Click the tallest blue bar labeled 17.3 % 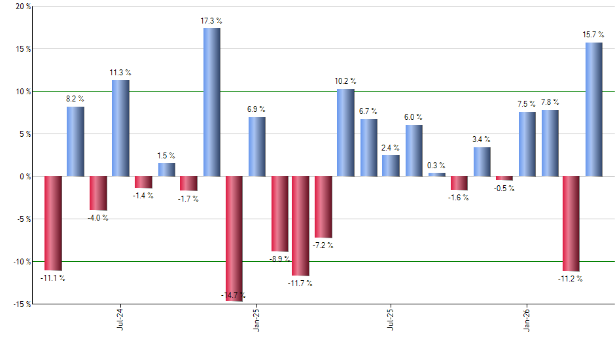click(x=211, y=102)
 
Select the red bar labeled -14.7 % click(x=234, y=238)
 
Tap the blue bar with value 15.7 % click(x=593, y=109)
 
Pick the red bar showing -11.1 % click(x=53, y=223)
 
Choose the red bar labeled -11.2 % click(x=571, y=223)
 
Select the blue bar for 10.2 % click(x=345, y=133)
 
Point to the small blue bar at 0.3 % click(x=436, y=175)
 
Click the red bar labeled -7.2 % click(x=323, y=207)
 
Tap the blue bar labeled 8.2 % click(x=75, y=141)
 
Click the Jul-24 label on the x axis click(x=120, y=319)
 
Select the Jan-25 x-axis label click(x=256, y=319)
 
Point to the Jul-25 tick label click(x=391, y=319)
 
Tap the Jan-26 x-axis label click(x=527, y=319)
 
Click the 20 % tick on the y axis click(x=22, y=7)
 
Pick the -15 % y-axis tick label click(x=21, y=304)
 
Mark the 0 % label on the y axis click(x=24, y=177)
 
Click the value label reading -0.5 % click(x=504, y=189)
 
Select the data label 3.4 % click(x=482, y=139)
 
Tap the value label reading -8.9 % click(x=279, y=259)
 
